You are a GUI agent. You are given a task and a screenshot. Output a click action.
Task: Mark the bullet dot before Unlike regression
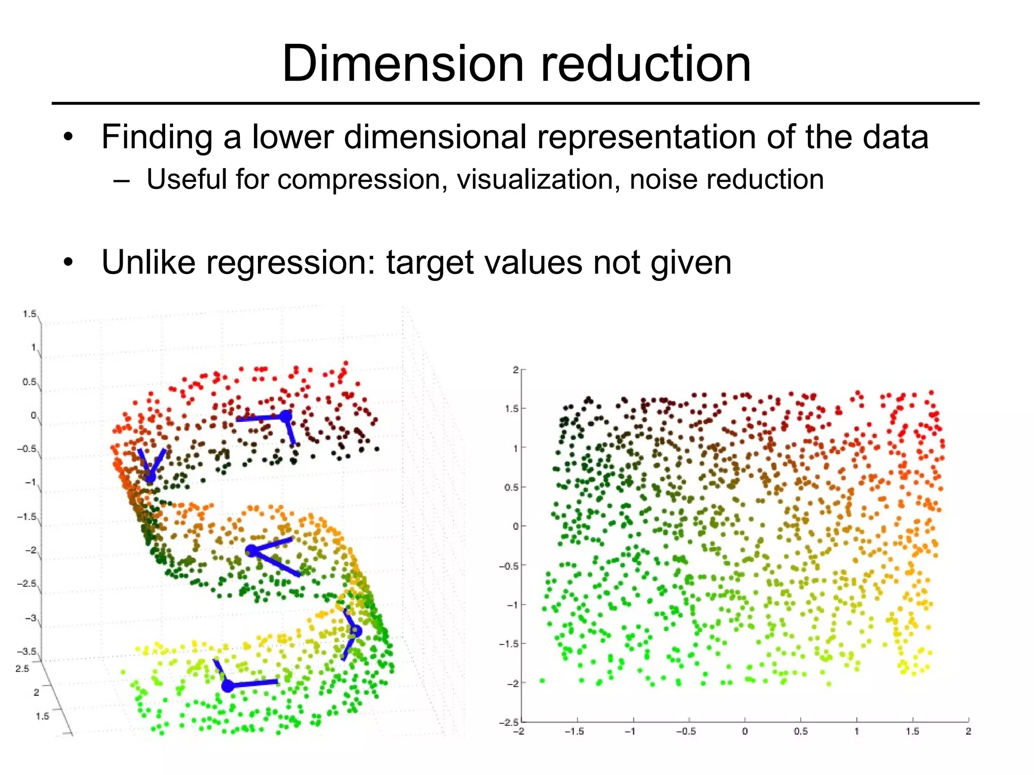pyautogui.click(x=69, y=262)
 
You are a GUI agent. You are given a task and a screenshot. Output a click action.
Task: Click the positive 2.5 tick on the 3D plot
pyautogui.click(x=23, y=669)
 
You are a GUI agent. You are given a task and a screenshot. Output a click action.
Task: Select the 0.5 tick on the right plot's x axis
pyautogui.click(x=800, y=731)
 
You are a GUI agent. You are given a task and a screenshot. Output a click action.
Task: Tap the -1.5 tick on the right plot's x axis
pyautogui.click(x=574, y=731)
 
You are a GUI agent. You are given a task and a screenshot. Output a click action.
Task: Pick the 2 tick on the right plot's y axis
pyautogui.click(x=515, y=370)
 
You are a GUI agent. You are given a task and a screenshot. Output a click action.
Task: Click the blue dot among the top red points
pyautogui.click(x=286, y=416)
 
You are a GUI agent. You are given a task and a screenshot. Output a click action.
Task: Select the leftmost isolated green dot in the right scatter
pyautogui.click(x=542, y=681)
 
